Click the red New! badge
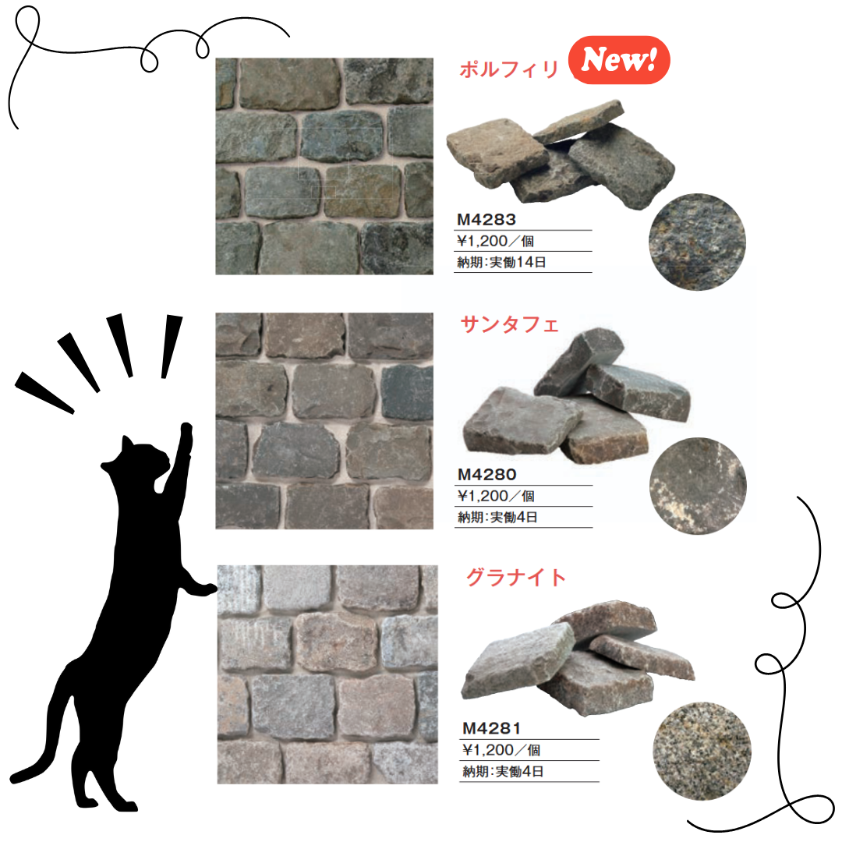618,59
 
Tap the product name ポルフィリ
509,69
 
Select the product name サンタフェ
510,324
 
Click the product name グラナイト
516,577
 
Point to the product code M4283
486,220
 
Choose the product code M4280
486,475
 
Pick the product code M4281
491,729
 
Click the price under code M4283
495,241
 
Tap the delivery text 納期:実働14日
501,262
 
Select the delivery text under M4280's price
497,517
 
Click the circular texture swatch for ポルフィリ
697,242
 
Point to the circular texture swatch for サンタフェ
698,486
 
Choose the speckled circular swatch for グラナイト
702,751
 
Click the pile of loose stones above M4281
578,658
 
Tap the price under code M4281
501,750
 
